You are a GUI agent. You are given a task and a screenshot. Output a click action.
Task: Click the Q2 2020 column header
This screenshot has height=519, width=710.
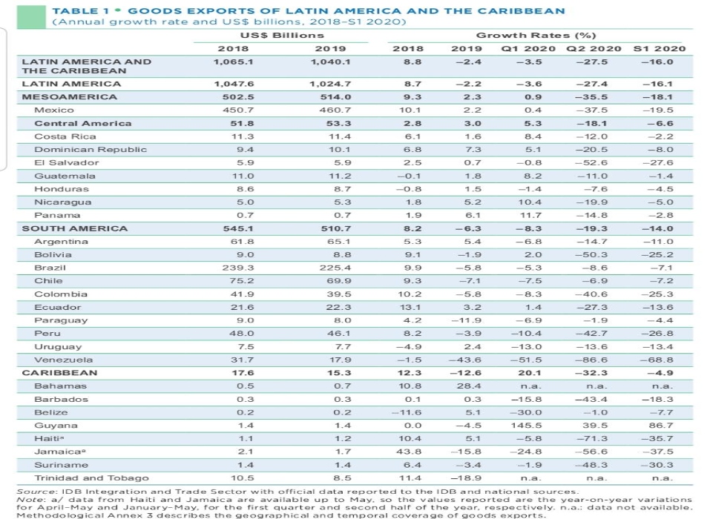point(594,48)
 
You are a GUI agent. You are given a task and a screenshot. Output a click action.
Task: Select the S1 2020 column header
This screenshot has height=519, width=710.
point(660,48)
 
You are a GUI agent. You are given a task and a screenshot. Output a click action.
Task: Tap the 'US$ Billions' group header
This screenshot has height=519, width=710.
point(282,36)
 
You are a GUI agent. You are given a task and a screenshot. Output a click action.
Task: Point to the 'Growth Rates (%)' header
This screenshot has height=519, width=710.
point(536,36)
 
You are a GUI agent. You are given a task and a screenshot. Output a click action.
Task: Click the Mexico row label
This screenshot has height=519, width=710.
point(54,110)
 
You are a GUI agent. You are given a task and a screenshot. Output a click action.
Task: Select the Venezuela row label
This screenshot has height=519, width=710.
point(63,360)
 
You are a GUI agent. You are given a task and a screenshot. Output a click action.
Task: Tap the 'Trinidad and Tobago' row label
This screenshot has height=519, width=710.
point(91,477)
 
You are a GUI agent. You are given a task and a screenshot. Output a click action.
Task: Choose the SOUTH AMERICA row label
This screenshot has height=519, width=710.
point(75,228)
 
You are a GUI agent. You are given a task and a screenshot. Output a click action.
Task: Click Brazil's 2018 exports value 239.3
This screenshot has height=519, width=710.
point(237,268)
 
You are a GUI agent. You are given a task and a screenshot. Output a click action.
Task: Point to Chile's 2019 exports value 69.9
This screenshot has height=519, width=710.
point(339,281)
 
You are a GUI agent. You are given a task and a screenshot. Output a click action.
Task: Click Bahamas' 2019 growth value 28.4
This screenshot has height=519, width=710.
point(469,386)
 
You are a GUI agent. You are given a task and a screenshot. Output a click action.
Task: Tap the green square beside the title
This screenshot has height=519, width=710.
point(31,17)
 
